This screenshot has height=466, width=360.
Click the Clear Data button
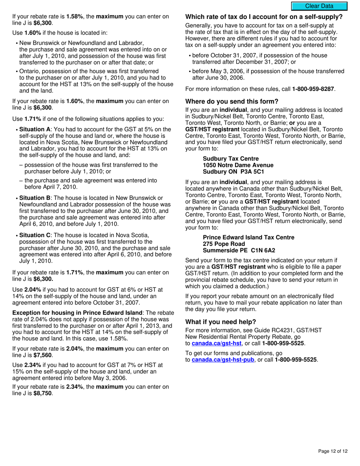pyautogui.click(x=319, y=6)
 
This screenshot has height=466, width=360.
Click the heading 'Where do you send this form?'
pyautogui.click(x=232, y=102)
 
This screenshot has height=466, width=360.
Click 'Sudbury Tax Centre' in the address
pyautogui.click(x=231, y=159)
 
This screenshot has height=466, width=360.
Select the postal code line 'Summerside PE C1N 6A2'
pyautogui.click(x=239, y=250)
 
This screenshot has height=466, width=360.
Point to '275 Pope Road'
pyautogui.click(x=224, y=244)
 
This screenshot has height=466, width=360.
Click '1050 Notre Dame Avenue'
pyautogui.click(x=238, y=165)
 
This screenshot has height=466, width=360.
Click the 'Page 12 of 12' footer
pyautogui.click(x=333, y=451)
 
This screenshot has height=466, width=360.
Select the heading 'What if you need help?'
pyautogui.click(x=221, y=322)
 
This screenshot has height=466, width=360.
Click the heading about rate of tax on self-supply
pyautogui.click(x=264, y=17)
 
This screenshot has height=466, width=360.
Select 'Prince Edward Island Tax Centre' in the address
pyautogui.click(x=248, y=238)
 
